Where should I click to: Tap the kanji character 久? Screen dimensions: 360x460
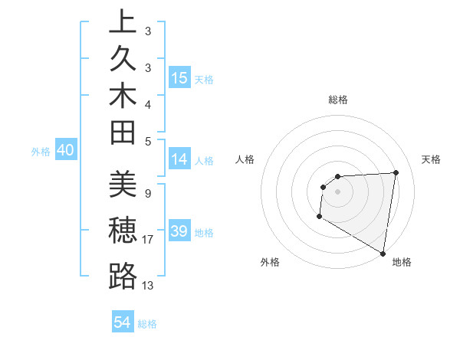click(123, 58)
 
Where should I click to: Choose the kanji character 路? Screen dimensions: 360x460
click(123, 277)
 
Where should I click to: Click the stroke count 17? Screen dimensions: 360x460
click(149, 240)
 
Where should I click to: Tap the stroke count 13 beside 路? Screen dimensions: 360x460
click(149, 286)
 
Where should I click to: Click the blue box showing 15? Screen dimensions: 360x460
click(179, 77)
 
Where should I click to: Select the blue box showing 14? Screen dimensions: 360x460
click(179, 159)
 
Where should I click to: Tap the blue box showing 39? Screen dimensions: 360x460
click(179, 231)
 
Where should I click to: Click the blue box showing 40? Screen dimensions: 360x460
click(65, 151)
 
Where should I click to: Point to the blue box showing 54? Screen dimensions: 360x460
click(123, 322)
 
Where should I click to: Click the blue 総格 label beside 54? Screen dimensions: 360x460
click(147, 324)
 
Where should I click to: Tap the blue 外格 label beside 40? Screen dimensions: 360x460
click(40, 152)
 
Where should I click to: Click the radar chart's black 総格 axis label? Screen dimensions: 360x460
click(337, 100)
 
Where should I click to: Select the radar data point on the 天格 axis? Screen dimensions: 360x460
click(396, 172)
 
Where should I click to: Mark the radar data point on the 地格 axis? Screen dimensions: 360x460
click(383, 253)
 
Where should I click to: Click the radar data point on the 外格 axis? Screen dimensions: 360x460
click(319, 217)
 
